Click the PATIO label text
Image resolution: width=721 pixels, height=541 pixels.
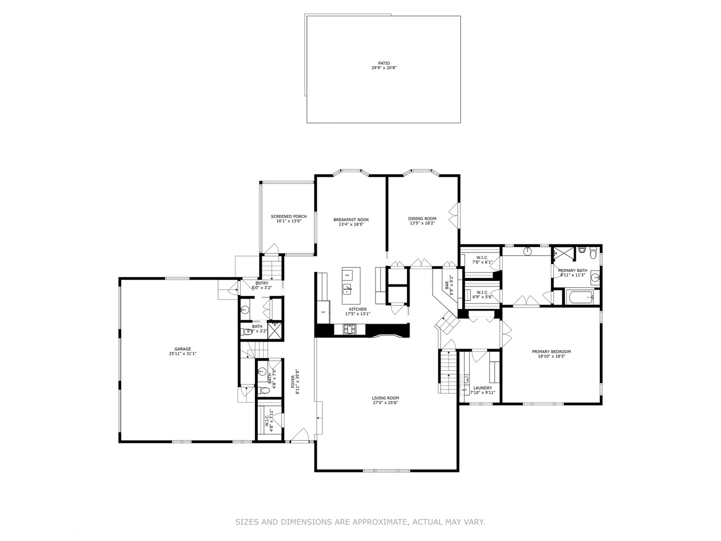[384, 63]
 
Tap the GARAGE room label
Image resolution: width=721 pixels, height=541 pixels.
[182, 349]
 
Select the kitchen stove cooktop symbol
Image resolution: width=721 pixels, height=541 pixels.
[349, 329]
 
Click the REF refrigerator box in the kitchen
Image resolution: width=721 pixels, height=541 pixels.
[323, 312]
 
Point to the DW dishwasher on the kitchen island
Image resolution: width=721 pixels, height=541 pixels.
[347, 275]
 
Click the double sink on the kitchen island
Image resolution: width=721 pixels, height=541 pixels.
[347, 289]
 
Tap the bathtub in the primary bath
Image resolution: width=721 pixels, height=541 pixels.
[580, 297]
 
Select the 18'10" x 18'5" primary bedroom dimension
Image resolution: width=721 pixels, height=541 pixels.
[551, 357]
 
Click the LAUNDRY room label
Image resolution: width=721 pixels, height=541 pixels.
[482, 388]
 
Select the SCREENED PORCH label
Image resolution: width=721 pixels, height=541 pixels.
[289, 216]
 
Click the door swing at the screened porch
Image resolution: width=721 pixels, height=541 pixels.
[273, 249]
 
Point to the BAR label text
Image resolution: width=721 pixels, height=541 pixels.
[447, 285]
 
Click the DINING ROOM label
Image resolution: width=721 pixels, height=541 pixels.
[422, 218]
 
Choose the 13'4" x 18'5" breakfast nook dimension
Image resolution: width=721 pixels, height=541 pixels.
[351, 224]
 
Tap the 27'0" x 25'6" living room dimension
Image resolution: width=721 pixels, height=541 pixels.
[386, 403]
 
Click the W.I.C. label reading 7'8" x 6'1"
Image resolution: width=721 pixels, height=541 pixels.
[482, 259]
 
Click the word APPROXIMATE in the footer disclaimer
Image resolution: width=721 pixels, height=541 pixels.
[380, 522]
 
